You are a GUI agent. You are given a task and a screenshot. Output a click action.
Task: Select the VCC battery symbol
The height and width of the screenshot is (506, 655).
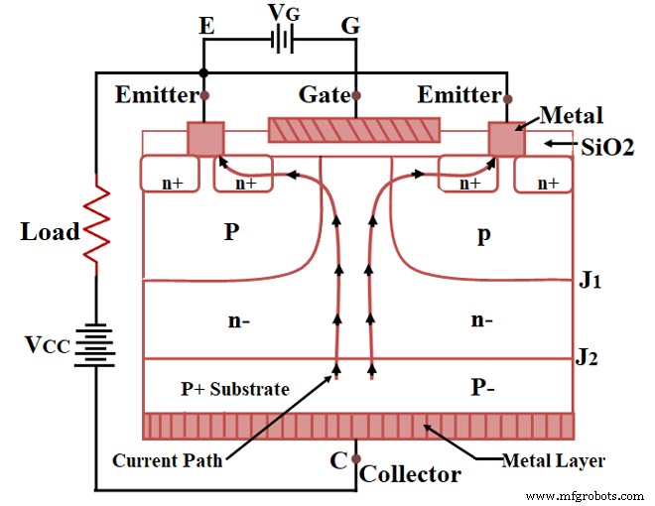click(x=95, y=345)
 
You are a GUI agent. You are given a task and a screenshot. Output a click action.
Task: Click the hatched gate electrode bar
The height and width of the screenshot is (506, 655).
click(x=354, y=131)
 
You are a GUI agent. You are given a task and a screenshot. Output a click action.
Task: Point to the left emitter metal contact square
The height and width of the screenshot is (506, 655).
click(x=205, y=139)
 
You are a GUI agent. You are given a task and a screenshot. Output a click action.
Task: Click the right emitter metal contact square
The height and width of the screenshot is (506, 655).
click(x=506, y=139)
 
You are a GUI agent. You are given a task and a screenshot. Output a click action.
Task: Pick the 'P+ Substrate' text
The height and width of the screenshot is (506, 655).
click(x=236, y=388)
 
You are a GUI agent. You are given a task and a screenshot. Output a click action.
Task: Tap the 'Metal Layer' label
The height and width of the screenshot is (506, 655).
click(x=553, y=460)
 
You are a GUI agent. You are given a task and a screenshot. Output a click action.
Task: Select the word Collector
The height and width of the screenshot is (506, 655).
click(x=410, y=473)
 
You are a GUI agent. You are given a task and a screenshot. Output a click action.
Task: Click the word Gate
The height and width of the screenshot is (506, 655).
click(x=324, y=95)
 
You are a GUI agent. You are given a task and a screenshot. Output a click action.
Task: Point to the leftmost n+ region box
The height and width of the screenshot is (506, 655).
click(x=171, y=174)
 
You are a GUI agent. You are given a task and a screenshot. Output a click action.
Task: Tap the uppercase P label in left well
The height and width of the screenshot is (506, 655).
click(x=230, y=232)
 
